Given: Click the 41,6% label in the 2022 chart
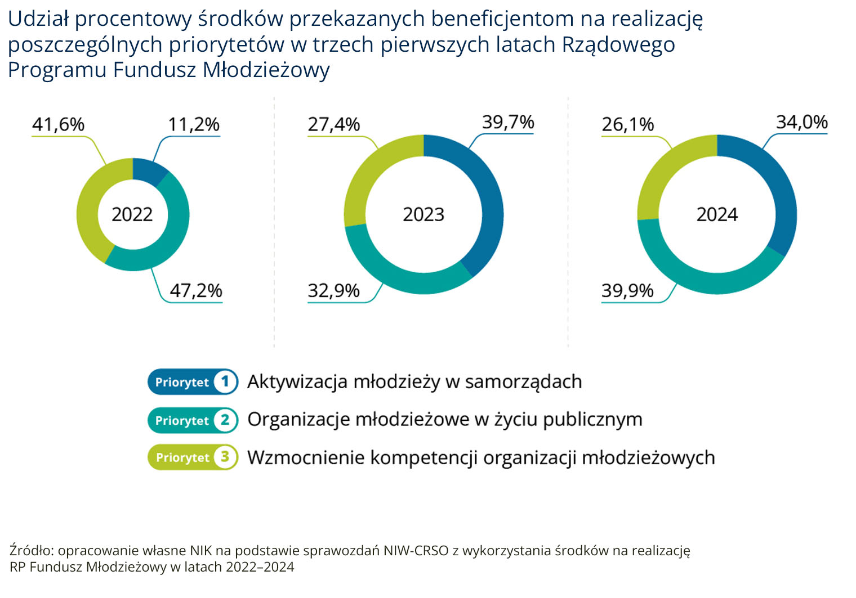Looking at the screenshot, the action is tap(58, 124).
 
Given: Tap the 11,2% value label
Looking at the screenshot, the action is tap(194, 124).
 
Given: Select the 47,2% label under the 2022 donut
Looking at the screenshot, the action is tap(196, 291).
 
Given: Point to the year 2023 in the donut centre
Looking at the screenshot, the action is tap(423, 214).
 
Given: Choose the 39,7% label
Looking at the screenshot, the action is tap(508, 122).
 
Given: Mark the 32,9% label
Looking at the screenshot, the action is tap(333, 291).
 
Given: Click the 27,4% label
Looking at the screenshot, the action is tap(333, 124).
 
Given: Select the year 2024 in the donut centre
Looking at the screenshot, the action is tap(717, 214).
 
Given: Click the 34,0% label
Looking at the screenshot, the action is tap(802, 122).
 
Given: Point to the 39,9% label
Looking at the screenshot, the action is tap(627, 291).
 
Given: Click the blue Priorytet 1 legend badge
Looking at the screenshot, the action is tap(193, 381).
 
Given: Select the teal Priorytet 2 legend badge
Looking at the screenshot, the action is tap(193, 420).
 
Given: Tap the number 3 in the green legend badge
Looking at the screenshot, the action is tap(225, 456).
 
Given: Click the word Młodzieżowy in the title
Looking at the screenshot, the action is tap(266, 70).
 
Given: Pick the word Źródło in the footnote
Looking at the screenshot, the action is tap(33, 550).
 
